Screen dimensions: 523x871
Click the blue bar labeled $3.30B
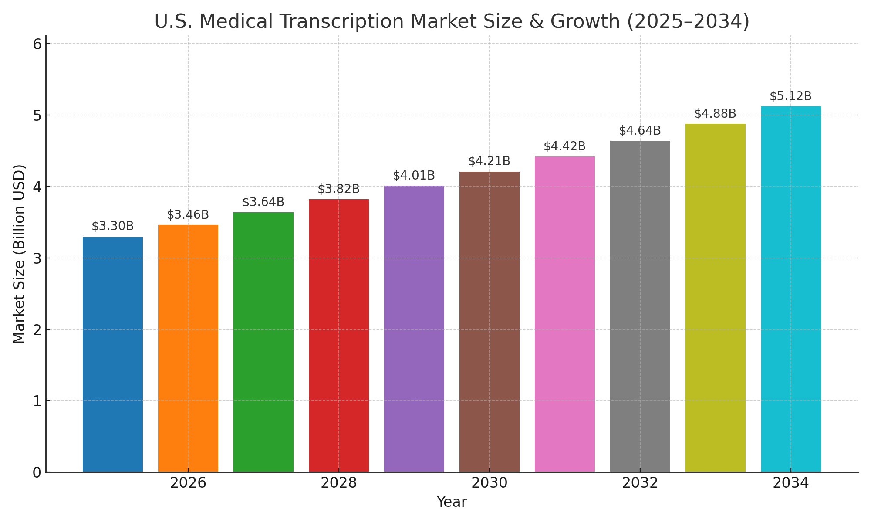click(113, 354)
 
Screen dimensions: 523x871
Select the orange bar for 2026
click(188, 348)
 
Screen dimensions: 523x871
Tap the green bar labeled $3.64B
click(263, 342)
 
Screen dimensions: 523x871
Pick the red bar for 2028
click(339, 335)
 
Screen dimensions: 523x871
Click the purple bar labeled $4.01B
click(414, 329)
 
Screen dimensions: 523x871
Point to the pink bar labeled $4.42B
click(565, 314)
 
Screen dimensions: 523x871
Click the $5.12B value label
click(791, 96)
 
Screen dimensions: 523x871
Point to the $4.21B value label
click(490, 161)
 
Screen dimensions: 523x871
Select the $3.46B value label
click(188, 215)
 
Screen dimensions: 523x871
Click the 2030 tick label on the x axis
click(490, 483)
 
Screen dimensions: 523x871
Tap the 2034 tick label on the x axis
click(791, 483)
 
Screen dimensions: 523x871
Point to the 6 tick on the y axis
click(37, 44)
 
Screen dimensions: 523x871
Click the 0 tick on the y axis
click(37, 472)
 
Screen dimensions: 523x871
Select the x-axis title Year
click(452, 502)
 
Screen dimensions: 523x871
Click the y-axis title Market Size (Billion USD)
click(19, 254)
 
